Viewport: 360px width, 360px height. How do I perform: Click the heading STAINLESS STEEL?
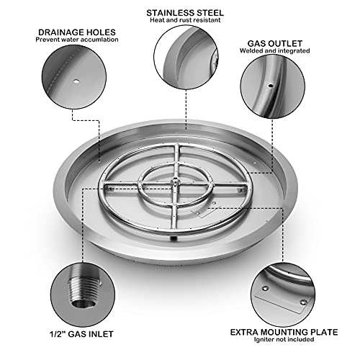(x=184, y=13)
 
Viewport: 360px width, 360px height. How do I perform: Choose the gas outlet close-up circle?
(x=275, y=91)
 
